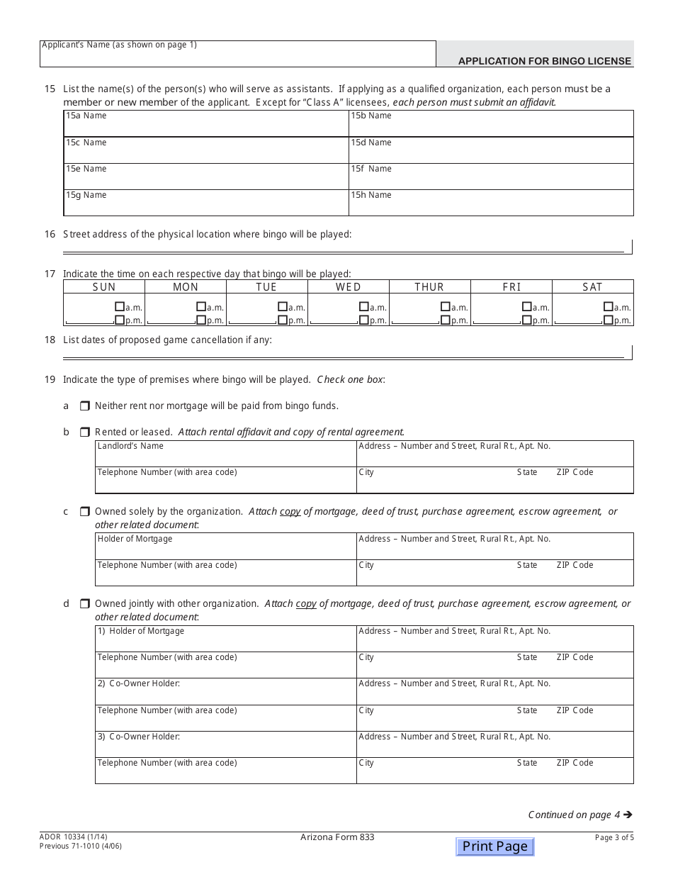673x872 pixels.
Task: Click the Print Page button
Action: click(x=494, y=846)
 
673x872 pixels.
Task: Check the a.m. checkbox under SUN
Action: click(x=119, y=307)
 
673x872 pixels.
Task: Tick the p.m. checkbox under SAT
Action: click(x=608, y=320)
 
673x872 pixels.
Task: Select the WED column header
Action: click(x=348, y=287)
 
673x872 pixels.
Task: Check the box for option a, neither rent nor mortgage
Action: click(x=84, y=406)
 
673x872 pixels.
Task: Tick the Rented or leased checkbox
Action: click(x=84, y=432)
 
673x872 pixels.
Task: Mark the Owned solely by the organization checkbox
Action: click(x=84, y=511)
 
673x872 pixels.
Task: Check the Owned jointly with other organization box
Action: click(x=84, y=604)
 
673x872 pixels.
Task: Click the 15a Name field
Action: click(x=205, y=124)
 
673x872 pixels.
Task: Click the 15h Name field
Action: click(x=490, y=203)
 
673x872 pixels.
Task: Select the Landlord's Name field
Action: click(x=225, y=454)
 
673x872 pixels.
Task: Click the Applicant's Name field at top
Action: click(x=237, y=55)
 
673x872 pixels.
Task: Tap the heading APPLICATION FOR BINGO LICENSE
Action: click(x=544, y=61)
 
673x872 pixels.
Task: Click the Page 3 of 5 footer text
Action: click(x=614, y=837)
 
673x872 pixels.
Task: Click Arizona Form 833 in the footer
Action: click(x=337, y=837)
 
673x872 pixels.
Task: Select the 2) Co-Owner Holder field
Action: click(x=225, y=691)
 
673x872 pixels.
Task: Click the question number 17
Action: click(x=50, y=274)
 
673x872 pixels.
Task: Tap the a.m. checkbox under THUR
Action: click(x=445, y=307)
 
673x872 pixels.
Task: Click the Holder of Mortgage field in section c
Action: click(x=225, y=547)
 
